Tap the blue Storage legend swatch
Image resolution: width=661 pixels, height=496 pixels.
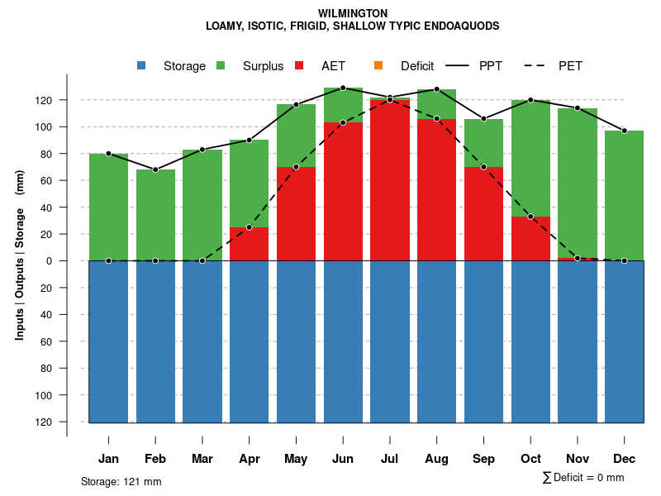pyautogui.click(x=142, y=66)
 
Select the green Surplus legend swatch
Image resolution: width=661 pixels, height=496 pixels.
pyautogui.click(x=221, y=66)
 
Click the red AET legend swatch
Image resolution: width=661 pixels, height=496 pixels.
pyautogui.click(x=300, y=66)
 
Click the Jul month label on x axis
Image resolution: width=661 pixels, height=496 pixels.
pyautogui.click(x=390, y=459)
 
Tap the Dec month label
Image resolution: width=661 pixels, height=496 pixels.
pyautogui.click(x=624, y=459)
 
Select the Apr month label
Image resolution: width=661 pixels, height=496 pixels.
pyautogui.click(x=250, y=459)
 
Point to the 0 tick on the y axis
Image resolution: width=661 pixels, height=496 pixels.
pyautogui.click(x=71, y=260)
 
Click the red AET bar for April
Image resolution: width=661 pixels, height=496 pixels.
pyautogui.click(x=250, y=244)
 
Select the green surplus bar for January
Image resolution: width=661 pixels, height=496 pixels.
pyautogui.click(x=108, y=207)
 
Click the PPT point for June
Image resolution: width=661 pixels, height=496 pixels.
pyautogui.click(x=343, y=88)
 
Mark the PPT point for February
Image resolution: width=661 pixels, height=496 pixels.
pyautogui.click(x=155, y=169)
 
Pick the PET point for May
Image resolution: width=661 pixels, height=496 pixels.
pyautogui.click(x=296, y=167)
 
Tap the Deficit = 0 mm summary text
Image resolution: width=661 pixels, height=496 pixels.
pyautogui.click(x=583, y=478)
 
